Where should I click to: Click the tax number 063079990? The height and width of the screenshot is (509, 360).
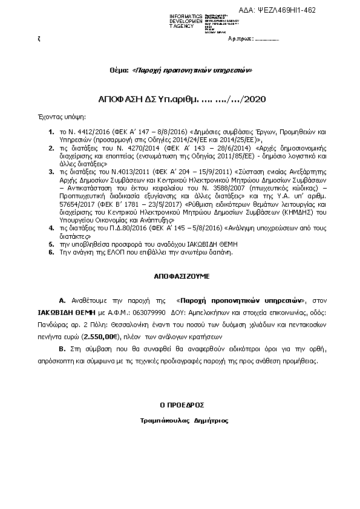[x=149, y=314]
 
